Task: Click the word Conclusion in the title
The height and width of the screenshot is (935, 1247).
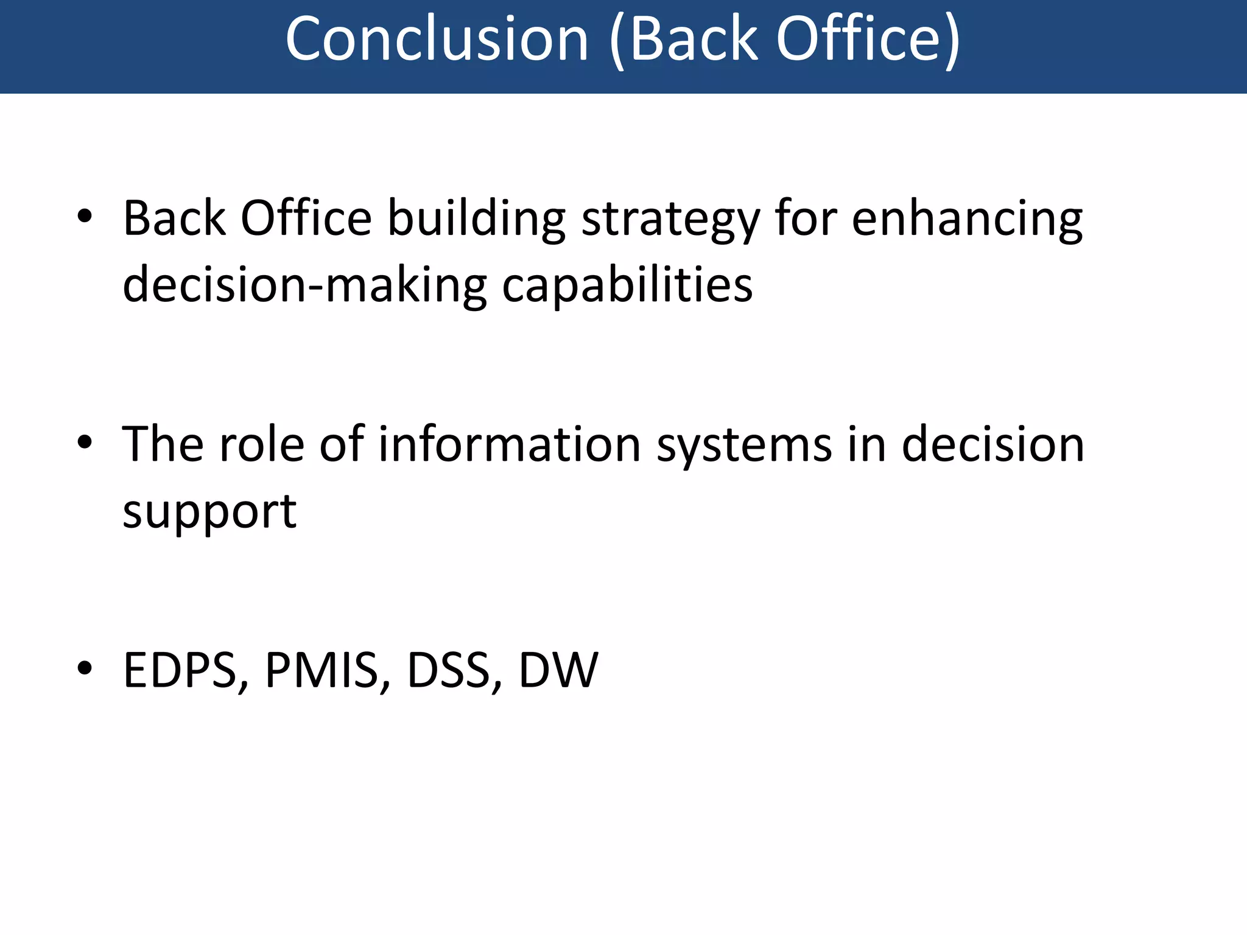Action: [x=437, y=40]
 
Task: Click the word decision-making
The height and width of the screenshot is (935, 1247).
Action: [x=304, y=285]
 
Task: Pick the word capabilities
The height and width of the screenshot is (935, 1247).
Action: [x=627, y=285]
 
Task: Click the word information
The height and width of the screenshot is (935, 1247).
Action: [x=510, y=444]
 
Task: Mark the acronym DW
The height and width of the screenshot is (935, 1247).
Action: [x=558, y=670]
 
